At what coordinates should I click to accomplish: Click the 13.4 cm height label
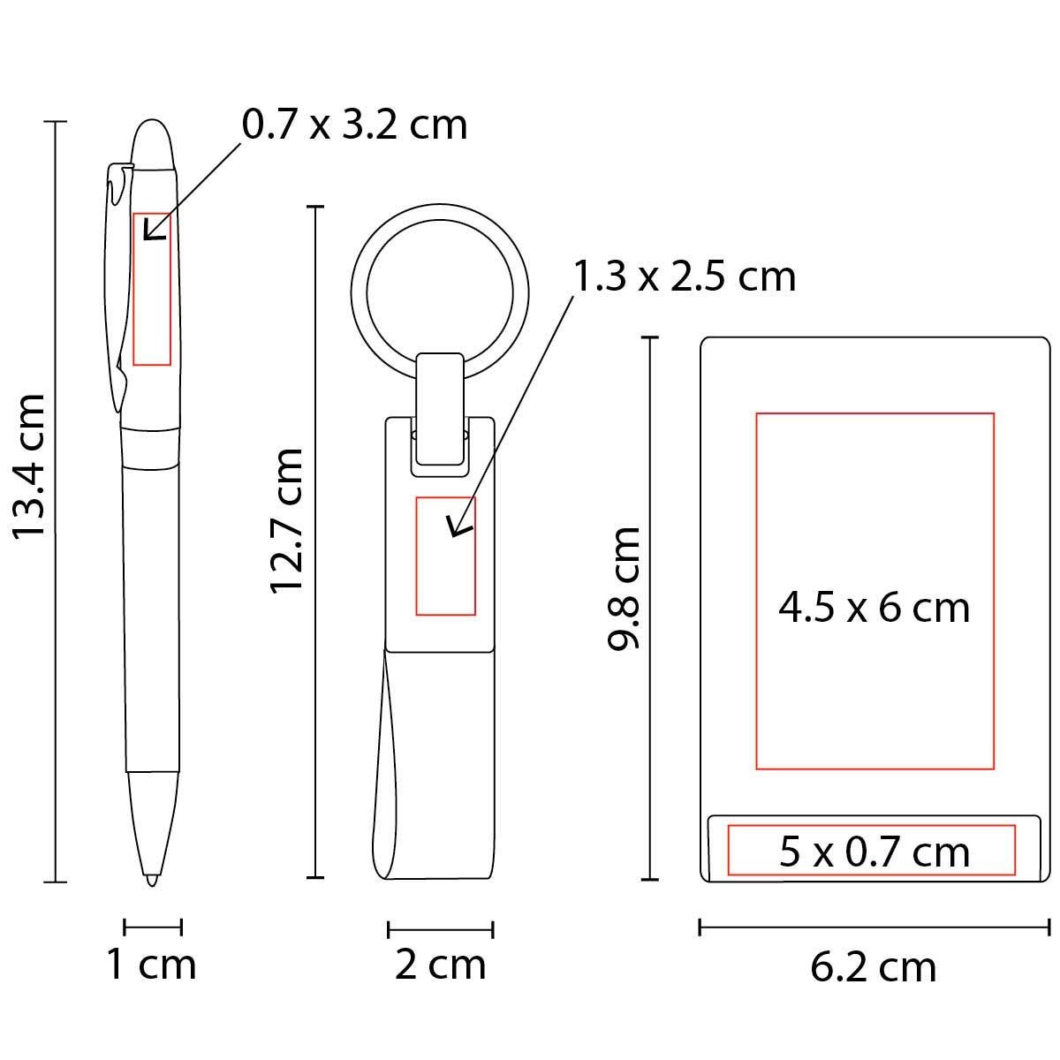tap(28, 466)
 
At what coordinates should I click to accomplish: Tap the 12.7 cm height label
tap(286, 520)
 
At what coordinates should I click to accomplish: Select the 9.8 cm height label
tap(624, 588)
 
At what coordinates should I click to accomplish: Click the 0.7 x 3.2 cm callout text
tap(355, 125)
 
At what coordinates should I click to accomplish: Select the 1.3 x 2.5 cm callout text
tap(685, 276)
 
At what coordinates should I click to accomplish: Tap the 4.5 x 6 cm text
tap(874, 608)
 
